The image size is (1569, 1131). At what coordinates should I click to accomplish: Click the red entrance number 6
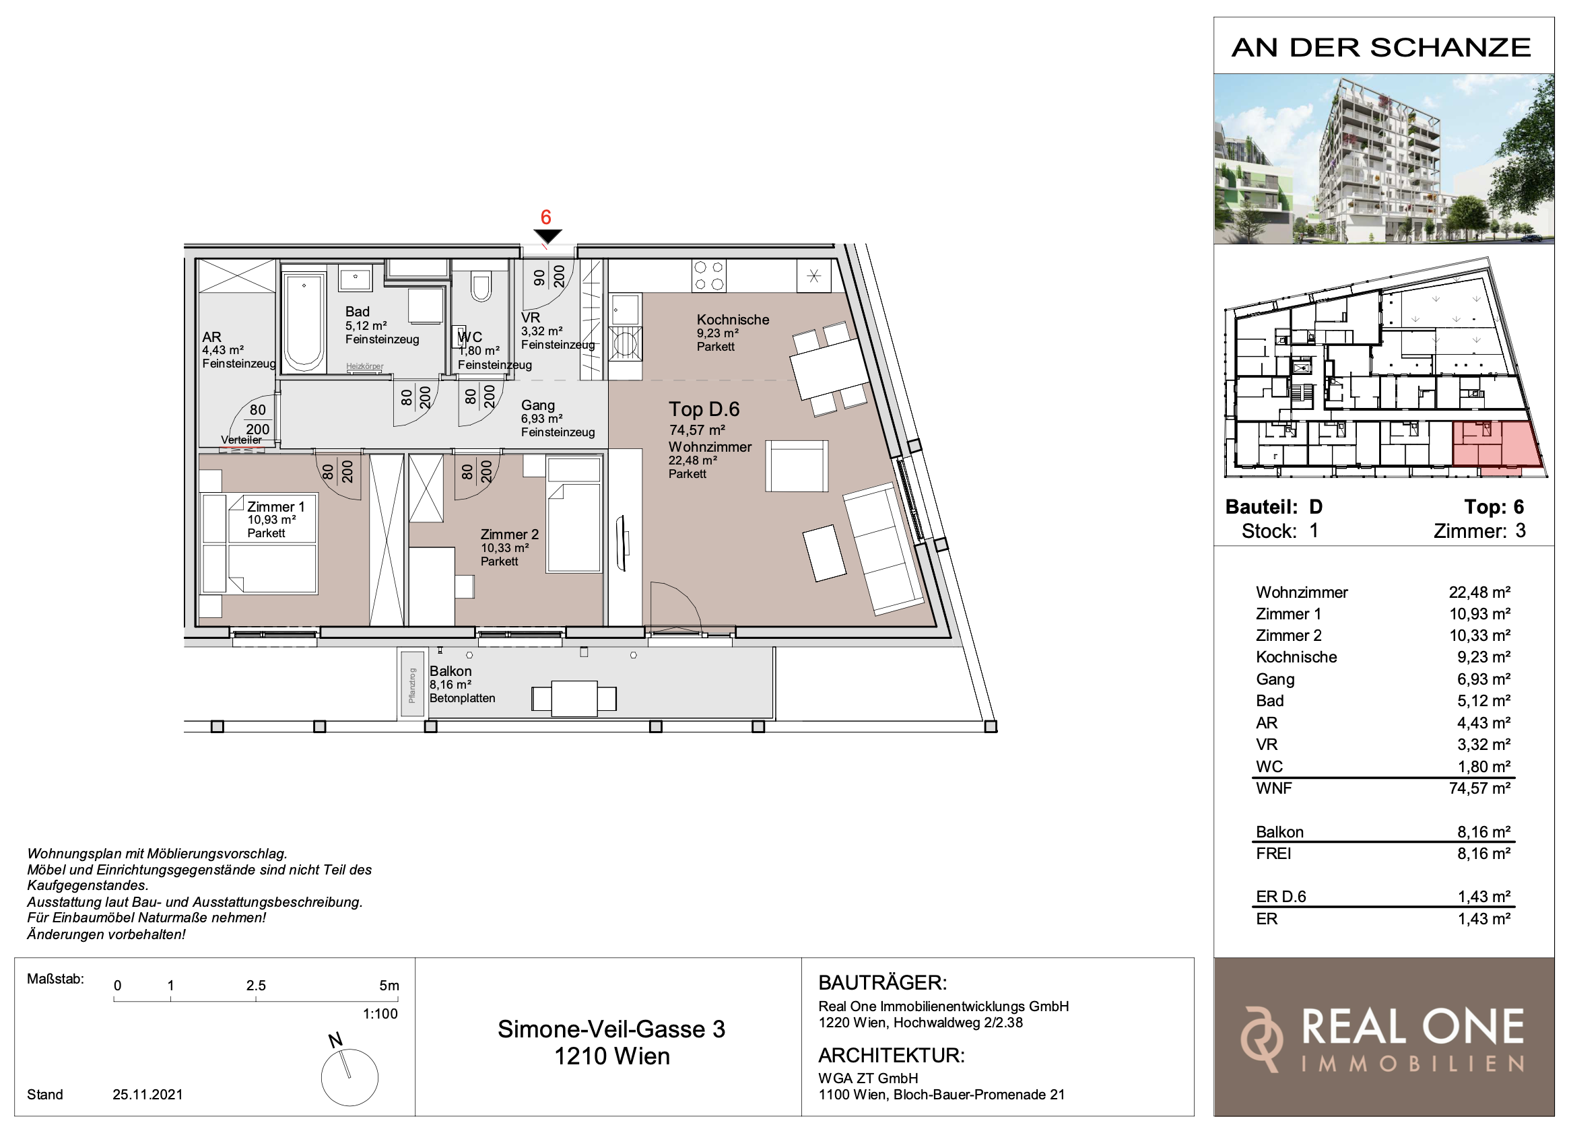coord(546,217)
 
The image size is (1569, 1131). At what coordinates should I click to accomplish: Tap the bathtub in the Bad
coord(304,322)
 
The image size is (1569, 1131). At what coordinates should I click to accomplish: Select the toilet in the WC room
coord(481,286)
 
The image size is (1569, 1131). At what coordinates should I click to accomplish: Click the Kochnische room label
coord(733,320)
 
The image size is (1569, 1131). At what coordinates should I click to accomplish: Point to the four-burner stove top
coord(709,275)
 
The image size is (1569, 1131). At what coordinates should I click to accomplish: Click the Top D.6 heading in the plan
coord(704,409)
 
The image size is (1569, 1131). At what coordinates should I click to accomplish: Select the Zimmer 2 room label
coord(509,534)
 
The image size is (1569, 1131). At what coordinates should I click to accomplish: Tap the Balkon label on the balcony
coord(450,671)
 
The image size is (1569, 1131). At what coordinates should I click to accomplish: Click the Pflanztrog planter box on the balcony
coord(412,684)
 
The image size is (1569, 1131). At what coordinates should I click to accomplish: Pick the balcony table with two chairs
coord(574,699)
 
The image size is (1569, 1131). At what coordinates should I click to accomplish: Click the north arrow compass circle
coord(349,1077)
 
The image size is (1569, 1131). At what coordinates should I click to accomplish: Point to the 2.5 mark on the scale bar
coord(256,986)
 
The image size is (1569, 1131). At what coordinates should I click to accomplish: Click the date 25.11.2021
coord(147,1095)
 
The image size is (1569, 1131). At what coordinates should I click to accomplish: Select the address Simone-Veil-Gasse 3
coord(611,1029)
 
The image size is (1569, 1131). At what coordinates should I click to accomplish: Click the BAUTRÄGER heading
coord(882,982)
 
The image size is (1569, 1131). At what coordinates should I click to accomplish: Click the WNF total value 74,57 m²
coord(1479,788)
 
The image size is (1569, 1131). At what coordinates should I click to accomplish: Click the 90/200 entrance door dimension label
coord(549,277)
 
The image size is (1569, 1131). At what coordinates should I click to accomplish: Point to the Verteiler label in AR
coord(242,440)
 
